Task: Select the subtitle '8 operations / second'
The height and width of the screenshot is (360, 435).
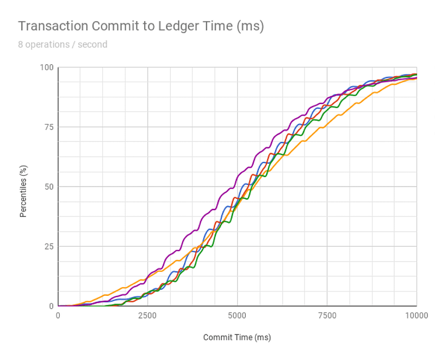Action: point(63,45)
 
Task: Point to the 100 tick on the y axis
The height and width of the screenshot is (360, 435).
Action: point(47,67)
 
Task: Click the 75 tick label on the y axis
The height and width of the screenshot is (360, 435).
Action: point(49,127)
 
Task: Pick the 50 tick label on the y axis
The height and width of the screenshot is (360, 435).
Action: point(49,187)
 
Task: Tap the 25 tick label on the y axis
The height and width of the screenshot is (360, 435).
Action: point(49,246)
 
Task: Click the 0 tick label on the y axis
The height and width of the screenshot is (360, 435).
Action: point(51,306)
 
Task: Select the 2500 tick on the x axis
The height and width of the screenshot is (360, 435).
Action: point(147,316)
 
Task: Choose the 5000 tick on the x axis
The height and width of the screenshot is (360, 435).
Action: point(237,316)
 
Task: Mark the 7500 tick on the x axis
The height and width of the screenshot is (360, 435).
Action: point(327,316)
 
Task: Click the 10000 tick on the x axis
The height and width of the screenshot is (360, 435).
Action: point(416,316)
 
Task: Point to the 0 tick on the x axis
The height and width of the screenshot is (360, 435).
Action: point(58,316)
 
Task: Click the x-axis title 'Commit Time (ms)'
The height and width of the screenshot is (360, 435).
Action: point(237,338)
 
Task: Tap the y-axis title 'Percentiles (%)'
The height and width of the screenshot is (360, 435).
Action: point(23,187)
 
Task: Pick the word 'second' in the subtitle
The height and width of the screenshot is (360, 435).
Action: point(93,45)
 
